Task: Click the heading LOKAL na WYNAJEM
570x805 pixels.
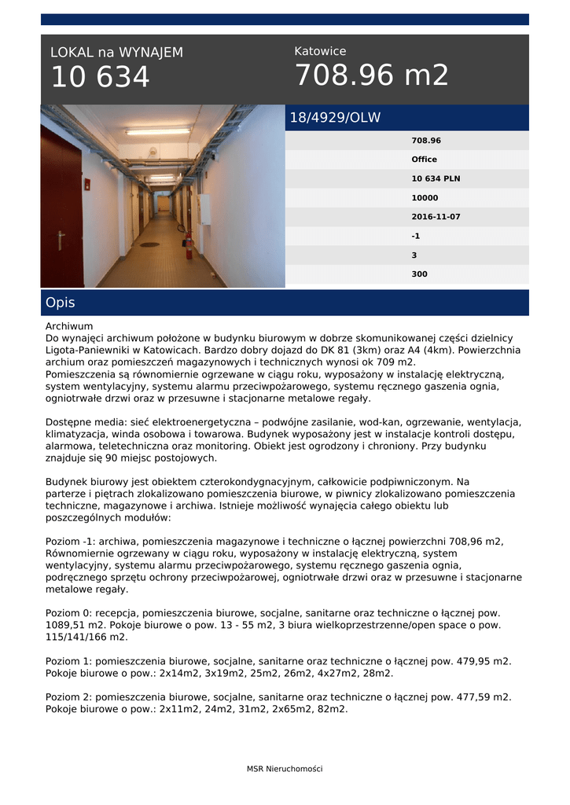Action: (116, 53)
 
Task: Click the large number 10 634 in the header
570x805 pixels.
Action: (100, 78)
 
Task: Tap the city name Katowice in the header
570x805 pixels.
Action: (320, 51)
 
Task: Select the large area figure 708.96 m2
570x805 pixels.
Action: (372, 75)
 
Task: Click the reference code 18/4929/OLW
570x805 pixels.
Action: (335, 118)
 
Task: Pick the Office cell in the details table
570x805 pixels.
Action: (424, 160)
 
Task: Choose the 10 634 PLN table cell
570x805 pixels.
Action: (436, 178)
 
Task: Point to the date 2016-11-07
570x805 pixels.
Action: (436, 216)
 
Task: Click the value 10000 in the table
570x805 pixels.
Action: (425, 197)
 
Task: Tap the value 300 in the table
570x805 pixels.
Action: (419, 274)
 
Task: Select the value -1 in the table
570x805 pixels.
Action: (416, 236)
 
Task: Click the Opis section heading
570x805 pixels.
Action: (61, 303)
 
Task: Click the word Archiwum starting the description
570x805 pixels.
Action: (69, 325)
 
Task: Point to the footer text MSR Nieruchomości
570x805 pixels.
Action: (285, 769)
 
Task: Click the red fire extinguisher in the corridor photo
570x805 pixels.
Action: (189, 244)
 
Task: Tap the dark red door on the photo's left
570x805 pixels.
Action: (62, 208)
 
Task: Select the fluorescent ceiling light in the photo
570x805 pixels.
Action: (157, 131)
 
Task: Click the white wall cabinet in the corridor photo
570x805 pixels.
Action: (205, 209)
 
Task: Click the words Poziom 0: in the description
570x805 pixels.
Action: (68, 613)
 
